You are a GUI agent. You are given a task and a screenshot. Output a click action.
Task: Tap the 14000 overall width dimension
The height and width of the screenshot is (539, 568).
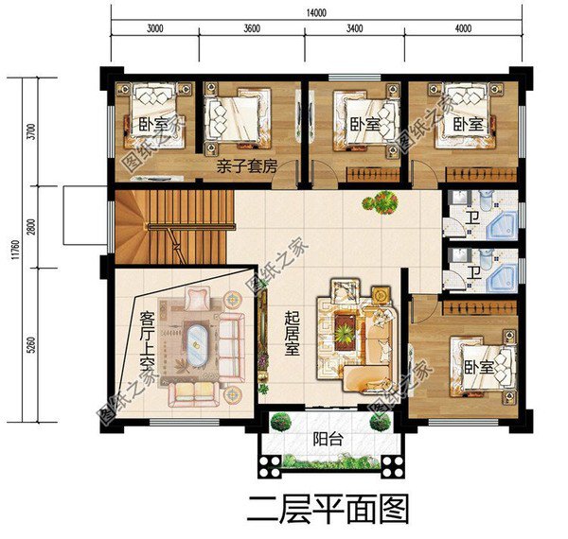pyautogui.click(x=316, y=12)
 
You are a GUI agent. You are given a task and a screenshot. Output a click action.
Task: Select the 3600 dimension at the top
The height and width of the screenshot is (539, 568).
pyautogui.click(x=251, y=28)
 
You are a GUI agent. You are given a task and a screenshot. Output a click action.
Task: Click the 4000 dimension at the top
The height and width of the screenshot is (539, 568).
pyautogui.click(x=463, y=28)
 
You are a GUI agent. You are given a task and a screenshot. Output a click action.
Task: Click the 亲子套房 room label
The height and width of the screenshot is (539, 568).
pyautogui.click(x=245, y=167)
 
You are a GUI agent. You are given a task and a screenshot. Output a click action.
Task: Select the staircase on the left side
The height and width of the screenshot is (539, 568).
pyautogui.click(x=175, y=225)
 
